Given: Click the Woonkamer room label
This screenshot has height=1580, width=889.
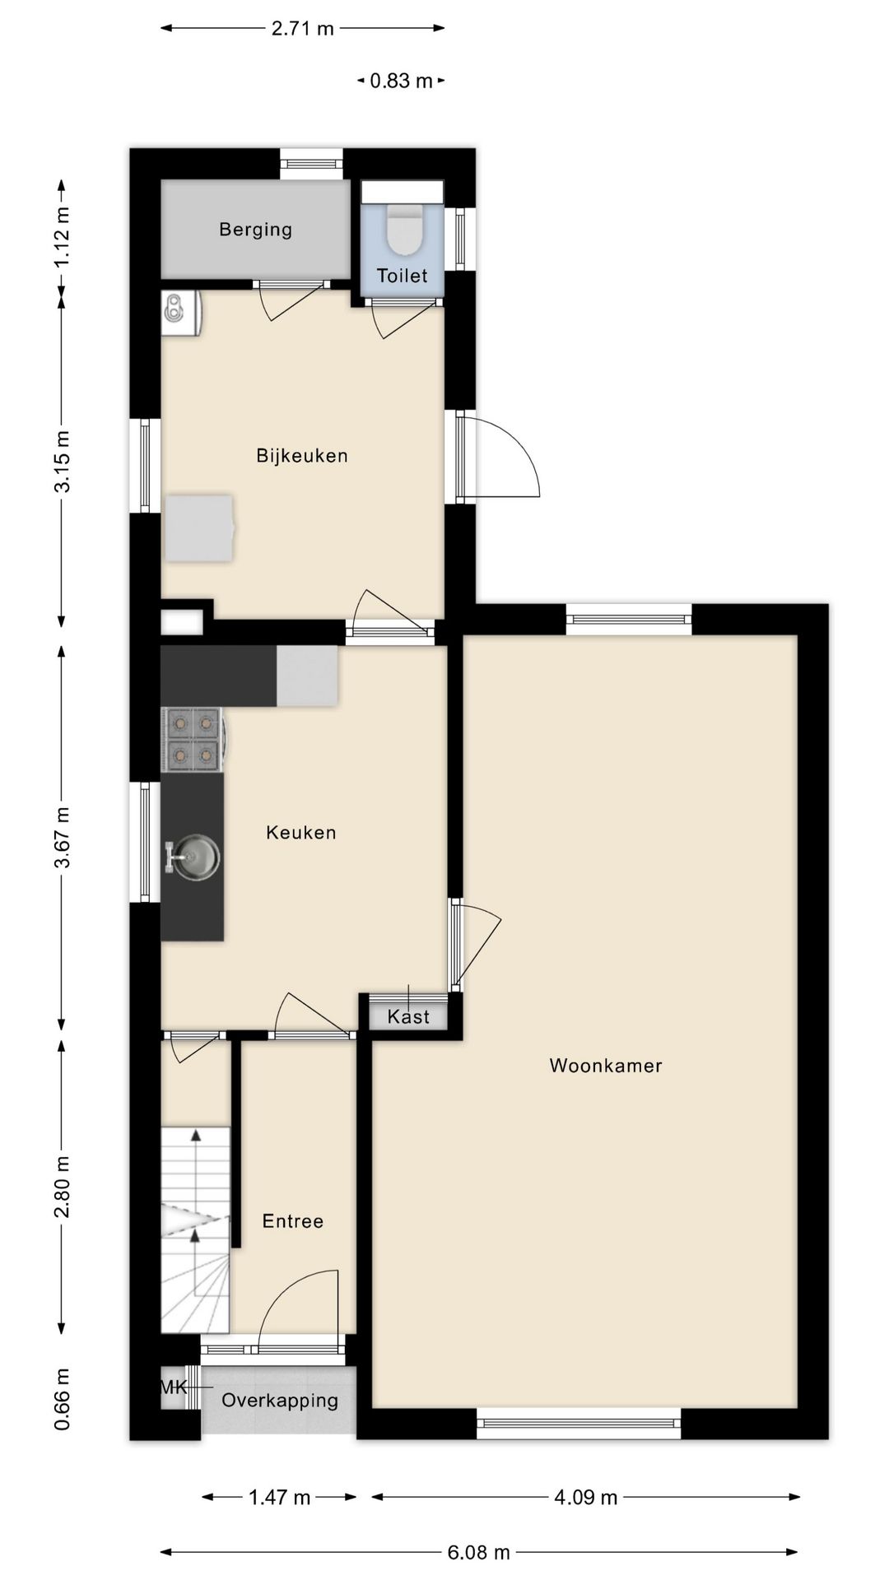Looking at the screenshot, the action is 606,1066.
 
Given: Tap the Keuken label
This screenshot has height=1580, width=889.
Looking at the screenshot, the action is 301,833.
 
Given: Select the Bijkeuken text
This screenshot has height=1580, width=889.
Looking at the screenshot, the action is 302,456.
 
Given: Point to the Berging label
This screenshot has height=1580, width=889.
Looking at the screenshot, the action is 255,230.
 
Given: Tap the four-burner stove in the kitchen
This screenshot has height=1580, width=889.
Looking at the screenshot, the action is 193,739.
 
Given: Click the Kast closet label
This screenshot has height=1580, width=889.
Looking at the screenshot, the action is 408,1017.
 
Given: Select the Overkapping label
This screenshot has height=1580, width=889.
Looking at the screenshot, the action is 280,1401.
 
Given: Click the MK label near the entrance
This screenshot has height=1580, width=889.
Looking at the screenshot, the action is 174,1387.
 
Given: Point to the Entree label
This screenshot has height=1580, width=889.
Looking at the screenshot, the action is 292,1221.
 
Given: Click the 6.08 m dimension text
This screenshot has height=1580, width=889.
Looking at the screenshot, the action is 479,1552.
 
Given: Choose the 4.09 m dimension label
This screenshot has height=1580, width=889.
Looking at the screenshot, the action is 585,1497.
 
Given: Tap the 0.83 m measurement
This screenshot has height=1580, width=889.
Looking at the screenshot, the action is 401,81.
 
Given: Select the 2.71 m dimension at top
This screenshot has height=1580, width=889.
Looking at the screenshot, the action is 303,28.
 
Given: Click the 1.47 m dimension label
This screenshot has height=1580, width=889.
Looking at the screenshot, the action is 280,1497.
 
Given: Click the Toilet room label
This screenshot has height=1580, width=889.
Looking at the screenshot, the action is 403,276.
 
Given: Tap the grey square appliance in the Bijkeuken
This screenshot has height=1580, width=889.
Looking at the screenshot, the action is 199,528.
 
